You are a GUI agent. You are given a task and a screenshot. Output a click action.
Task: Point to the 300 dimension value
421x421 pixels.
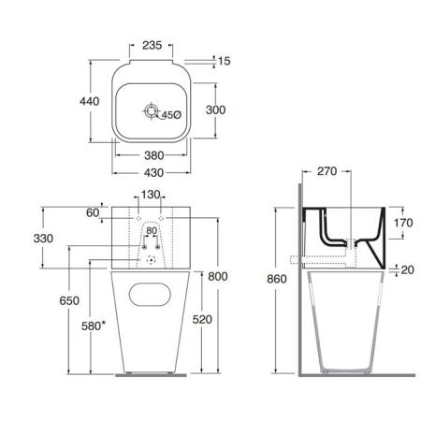216,110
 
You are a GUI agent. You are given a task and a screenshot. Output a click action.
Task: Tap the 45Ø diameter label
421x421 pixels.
171,114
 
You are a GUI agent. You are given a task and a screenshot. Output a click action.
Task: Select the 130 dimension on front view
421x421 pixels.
150,196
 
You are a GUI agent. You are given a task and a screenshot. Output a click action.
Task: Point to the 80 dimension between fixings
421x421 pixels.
151,231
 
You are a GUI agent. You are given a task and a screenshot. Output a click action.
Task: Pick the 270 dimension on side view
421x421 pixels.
327,172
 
